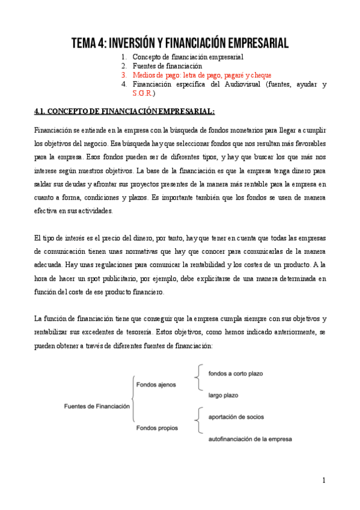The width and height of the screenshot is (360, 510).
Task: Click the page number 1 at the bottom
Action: [323, 480]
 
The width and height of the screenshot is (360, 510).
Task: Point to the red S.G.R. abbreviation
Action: [143, 94]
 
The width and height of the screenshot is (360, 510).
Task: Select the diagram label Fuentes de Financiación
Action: [97, 406]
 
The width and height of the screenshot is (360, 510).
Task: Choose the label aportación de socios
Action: [236, 417]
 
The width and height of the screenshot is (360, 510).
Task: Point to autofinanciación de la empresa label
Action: [250, 439]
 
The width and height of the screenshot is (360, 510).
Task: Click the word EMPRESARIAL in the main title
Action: [252, 43]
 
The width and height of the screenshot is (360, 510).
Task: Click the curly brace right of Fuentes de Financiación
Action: [133, 405]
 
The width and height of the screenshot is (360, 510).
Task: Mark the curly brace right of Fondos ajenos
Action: [197, 384]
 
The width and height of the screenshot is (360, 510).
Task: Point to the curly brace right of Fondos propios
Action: [197, 428]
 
